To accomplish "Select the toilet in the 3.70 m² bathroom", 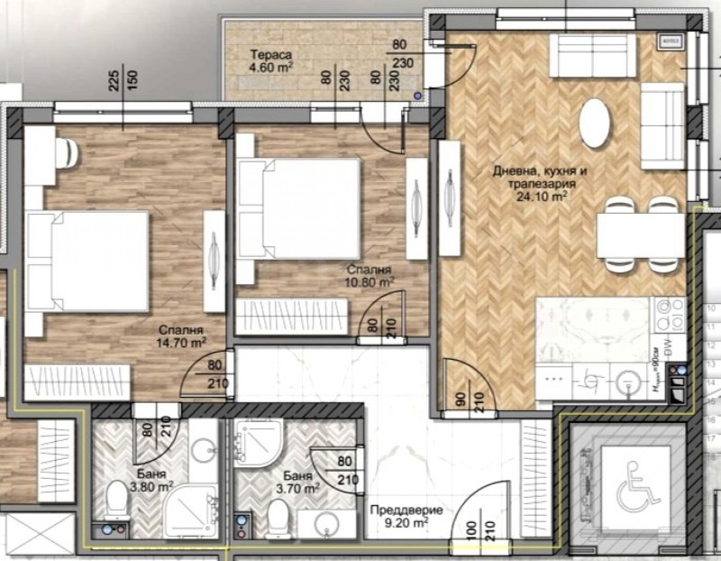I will [277, 517].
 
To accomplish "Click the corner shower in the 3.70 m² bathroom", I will [257, 447].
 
